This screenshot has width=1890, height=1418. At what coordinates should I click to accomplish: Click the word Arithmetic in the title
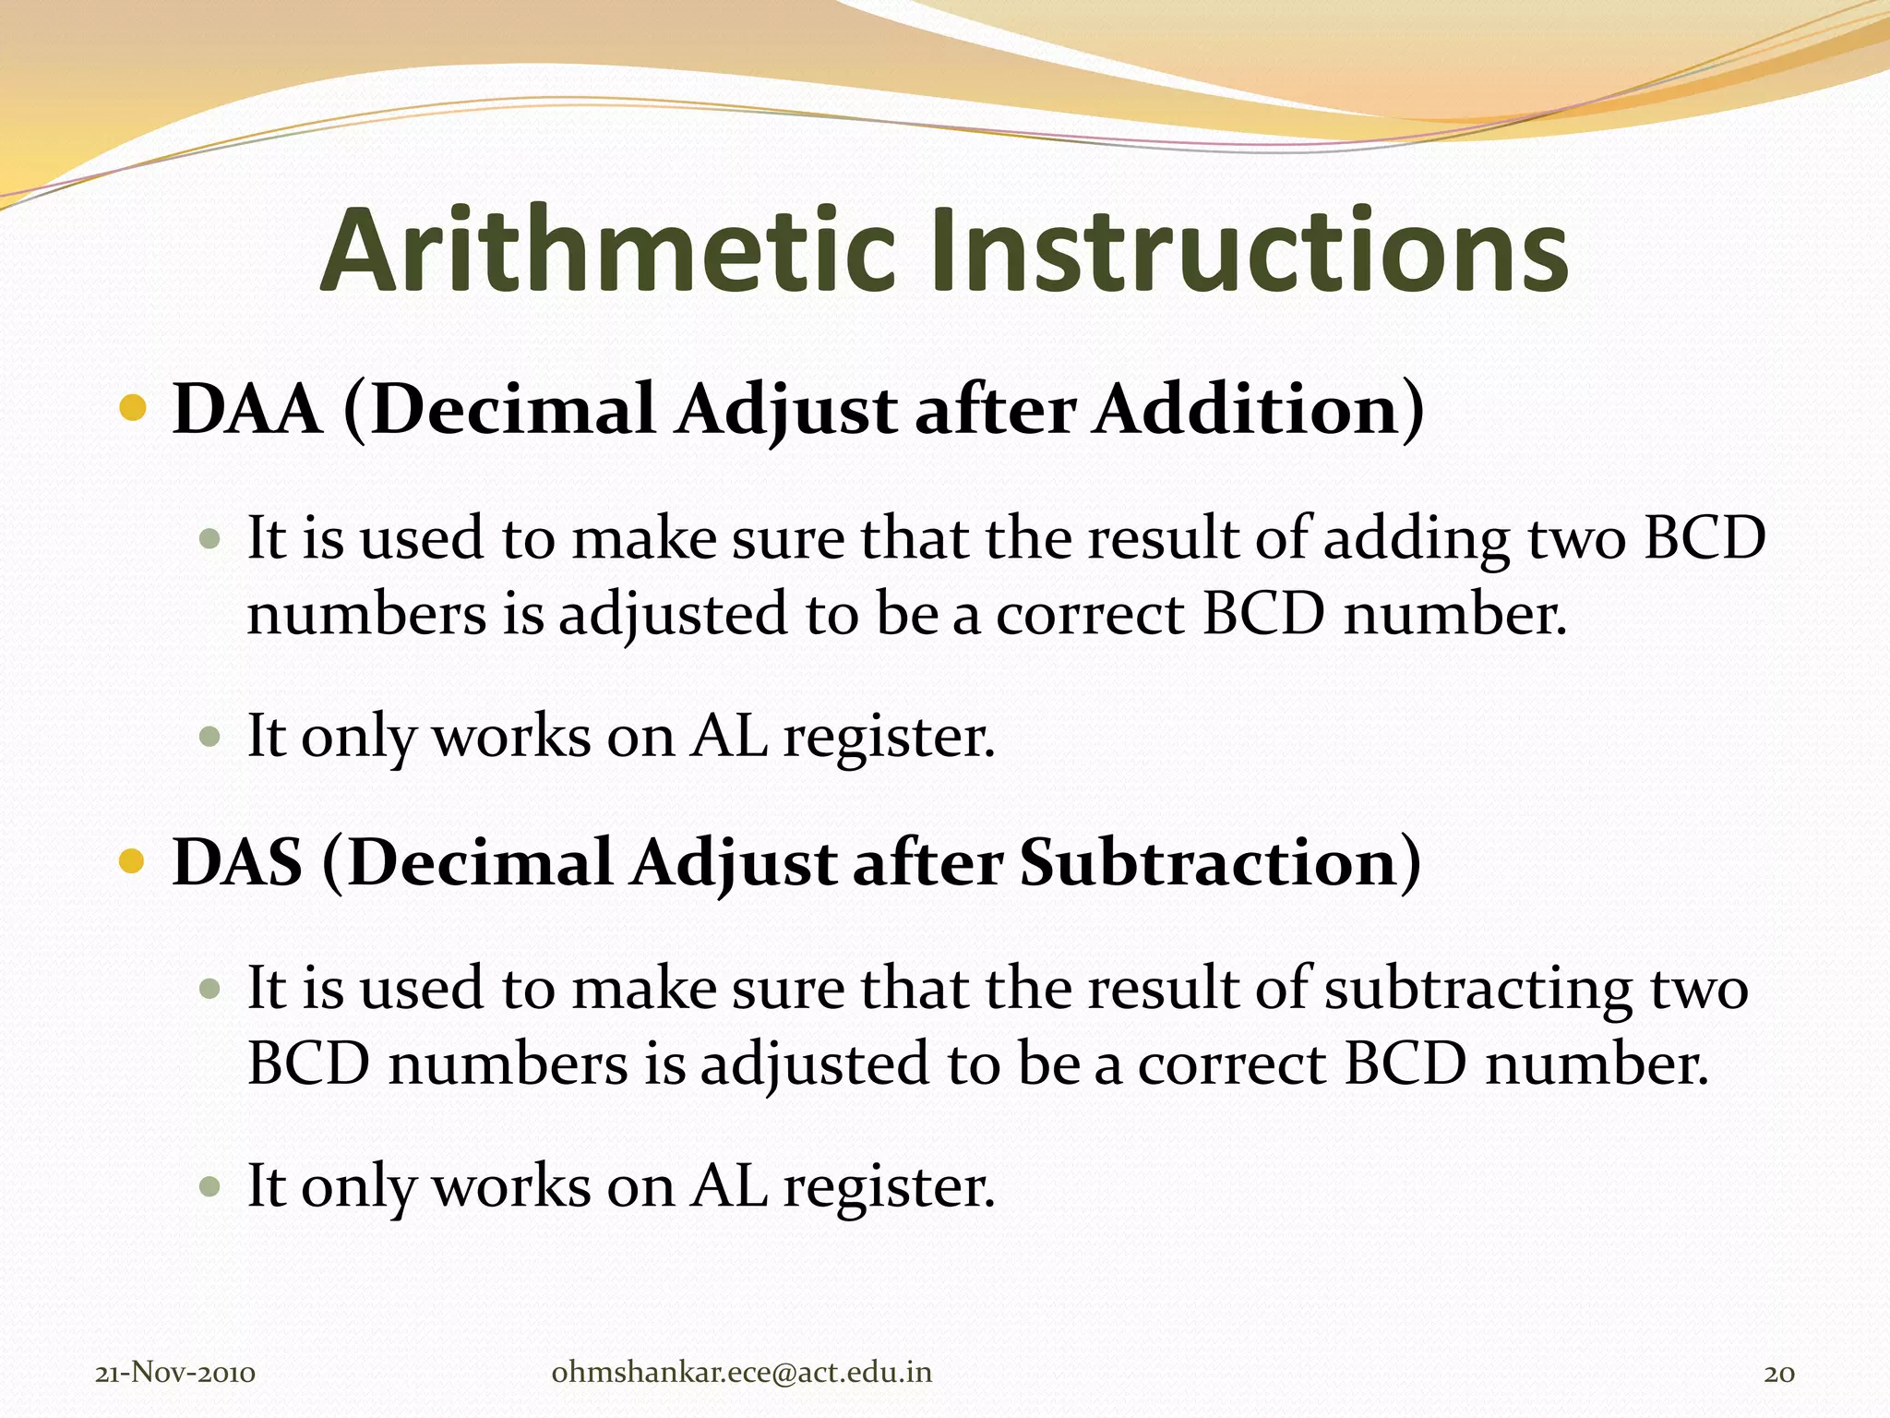coord(608,251)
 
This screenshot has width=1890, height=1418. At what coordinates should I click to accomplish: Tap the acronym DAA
coord(247,409)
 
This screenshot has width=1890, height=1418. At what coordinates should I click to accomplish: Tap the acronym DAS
coord(237,862)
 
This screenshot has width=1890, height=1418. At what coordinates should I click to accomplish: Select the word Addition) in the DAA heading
coord(1259,409)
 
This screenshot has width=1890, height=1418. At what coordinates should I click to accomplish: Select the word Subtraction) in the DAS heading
coord(1220,862)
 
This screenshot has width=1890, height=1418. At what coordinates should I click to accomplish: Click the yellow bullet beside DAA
coord(134,407)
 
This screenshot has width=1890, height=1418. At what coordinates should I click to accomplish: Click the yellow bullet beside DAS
coord(134,861)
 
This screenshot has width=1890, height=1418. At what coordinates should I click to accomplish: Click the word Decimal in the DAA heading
coord(513,409)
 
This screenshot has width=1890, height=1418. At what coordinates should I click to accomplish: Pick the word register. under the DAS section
coord(889,1186)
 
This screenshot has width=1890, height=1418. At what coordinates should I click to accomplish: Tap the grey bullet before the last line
coord(211,1185)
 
